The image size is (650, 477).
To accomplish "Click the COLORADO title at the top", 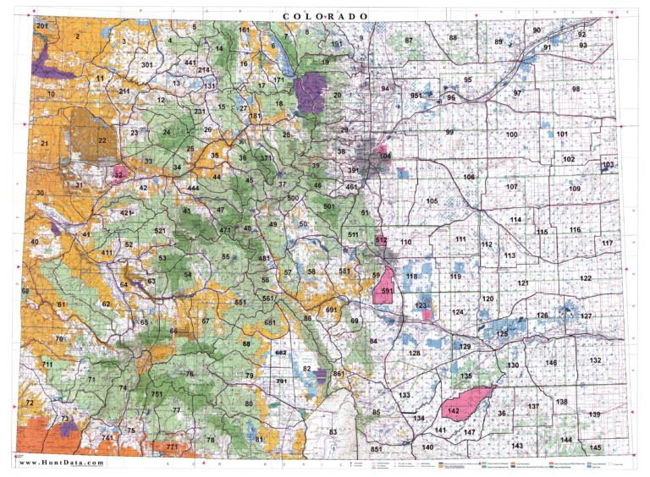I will tap(325, 17).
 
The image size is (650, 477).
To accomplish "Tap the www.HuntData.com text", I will tap(62, 463).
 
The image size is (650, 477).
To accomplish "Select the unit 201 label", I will tap(42, 26).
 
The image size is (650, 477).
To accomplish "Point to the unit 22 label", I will tap(102, 140).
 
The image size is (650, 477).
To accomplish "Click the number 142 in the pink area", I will tap(454, 411).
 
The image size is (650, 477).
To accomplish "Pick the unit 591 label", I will tap(388, 291).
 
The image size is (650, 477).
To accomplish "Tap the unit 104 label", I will tap(386, 156).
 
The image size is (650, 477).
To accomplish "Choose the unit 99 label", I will tap(449, 133).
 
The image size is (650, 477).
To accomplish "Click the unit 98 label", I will tap(576, 89).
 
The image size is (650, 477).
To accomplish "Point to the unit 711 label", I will tap(47, 364).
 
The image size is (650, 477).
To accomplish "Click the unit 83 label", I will tap(333, 431).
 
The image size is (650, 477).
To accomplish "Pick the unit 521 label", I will tap(160, 231).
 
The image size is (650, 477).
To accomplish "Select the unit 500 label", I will tap(293, 198).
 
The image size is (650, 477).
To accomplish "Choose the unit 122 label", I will tap(586, 278).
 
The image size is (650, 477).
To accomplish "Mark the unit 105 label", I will tap(432, 201).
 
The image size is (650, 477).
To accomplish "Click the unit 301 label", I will tap(146, 65).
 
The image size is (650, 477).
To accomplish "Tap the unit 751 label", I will tap(157, 394).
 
